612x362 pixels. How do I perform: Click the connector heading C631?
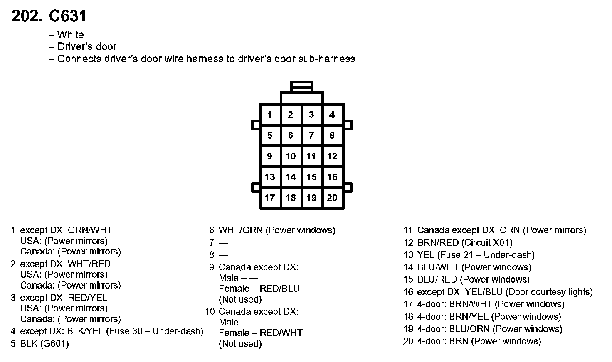tap(67, 16)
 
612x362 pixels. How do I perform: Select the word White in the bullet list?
tap(70, 35)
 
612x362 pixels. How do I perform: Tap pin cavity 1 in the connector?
tap(270, 115)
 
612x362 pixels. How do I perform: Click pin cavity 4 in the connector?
tap(332, 115)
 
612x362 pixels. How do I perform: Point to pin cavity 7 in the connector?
tap(311, 135)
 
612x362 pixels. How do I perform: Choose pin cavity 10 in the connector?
tap(291, 156)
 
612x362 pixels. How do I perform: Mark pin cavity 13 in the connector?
tap(270, 177)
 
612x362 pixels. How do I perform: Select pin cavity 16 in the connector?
tap(332, 177)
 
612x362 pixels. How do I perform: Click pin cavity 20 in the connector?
tap(332, 198)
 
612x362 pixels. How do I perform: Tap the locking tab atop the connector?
tap(302, 87)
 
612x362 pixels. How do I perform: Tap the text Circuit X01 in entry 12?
tap(487, 242)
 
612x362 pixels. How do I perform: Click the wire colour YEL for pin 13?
tap(425, 255)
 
